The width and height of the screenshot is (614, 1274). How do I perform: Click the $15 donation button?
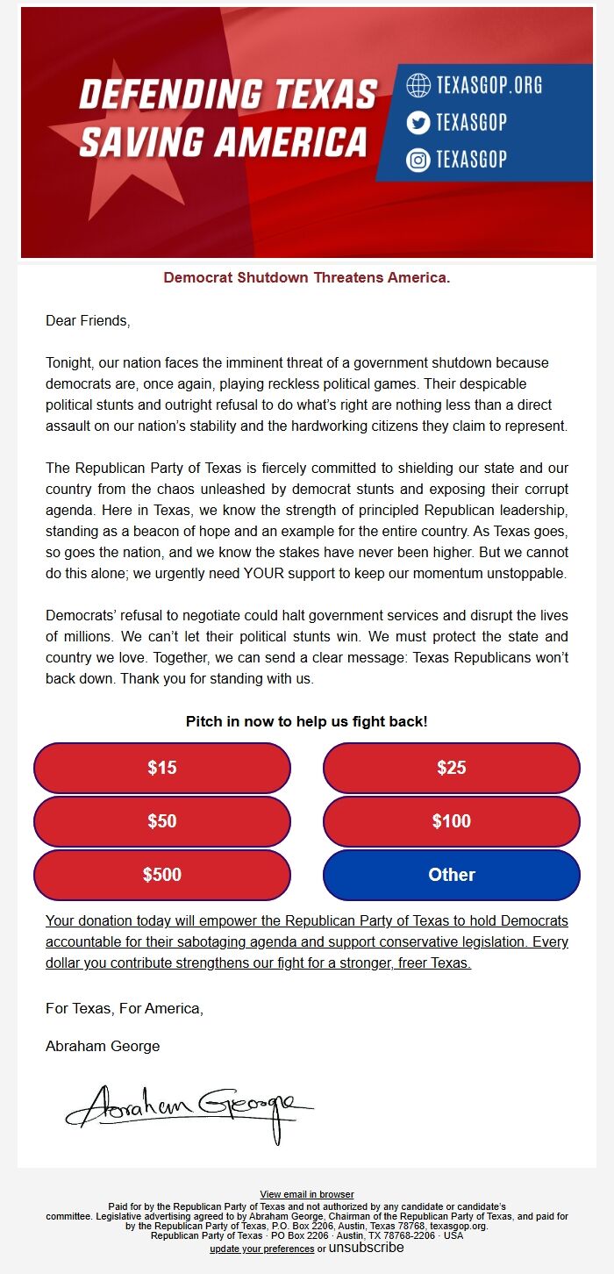click(162, 768)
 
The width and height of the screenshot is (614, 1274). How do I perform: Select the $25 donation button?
click(452, 768)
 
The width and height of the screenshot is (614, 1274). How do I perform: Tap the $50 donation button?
click(162, 821)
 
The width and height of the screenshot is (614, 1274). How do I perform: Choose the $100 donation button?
click(452, 821)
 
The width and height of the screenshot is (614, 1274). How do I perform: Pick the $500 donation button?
click(162, 875)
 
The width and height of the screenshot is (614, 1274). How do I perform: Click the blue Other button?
click(452, 875)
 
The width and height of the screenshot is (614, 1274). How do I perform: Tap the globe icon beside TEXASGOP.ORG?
click(418, 85)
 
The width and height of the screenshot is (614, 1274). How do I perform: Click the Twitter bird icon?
click(418, 123)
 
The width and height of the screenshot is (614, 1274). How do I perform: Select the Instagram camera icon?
click(418, 161)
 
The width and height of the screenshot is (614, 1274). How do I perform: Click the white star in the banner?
click(132, 149)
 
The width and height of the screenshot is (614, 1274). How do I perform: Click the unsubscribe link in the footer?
click(367, 1248)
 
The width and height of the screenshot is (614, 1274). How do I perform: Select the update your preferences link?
click(261, 1249)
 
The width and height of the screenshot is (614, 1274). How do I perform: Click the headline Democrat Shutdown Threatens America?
click(307, 278)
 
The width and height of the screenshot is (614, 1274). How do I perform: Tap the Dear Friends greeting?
click(88, 321)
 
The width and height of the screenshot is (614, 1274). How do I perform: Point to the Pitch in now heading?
click(307, 722)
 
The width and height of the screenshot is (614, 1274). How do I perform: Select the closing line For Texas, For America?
click(125, 1009)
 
